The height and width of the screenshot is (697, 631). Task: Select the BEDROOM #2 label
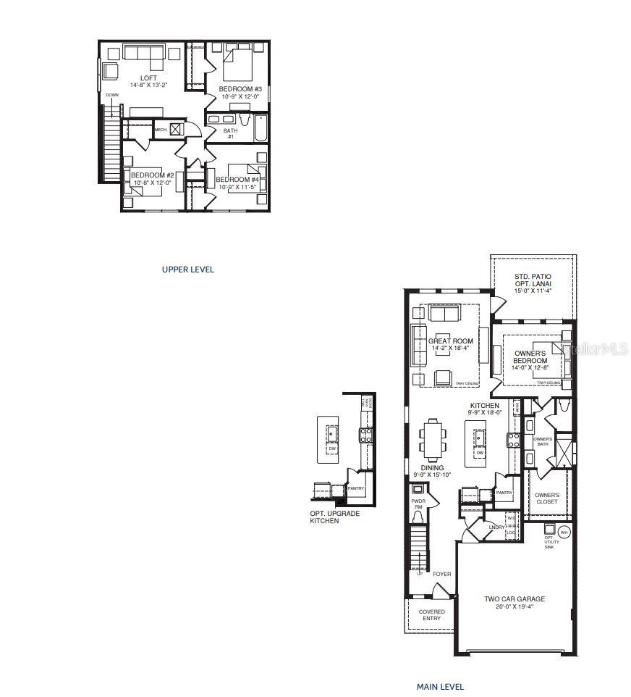pyautogui.click(x=152, y=175)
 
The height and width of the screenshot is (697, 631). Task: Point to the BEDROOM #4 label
pyautogui.click(x=237, y=179)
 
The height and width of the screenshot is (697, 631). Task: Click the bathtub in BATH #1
pyautogui.click(x=259, y=129)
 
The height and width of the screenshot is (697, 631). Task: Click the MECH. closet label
pyautogui.click(x=161, y=130)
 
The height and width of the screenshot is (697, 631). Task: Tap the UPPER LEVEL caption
pyautogui.click(x=187, y=270)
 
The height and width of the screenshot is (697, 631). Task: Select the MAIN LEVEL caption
pyautogui.click(x=440, y=686)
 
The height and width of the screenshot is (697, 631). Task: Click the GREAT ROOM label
pyautogui.click(x=450, y=341)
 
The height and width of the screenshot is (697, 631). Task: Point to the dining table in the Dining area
pyautogui.click(x=432, y=440)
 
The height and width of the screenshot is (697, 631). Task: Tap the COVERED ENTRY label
pyautogui.click(x=431, y=614)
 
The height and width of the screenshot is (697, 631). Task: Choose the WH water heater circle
pyautogui.click(x=564, y=532)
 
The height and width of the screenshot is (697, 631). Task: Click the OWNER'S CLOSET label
pyautogui.click(x=547, y=498)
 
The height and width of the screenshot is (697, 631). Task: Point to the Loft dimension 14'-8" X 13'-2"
pyautogui.click(x=148, y=85)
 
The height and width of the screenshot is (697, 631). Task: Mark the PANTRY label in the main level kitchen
pyautogui.click(x=504, y=493)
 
